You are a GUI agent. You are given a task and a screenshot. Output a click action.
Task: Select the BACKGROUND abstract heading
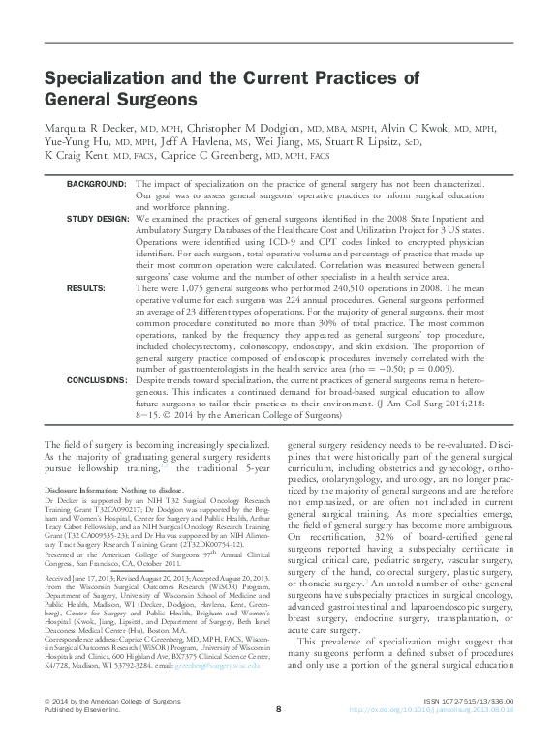pos(96,183)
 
